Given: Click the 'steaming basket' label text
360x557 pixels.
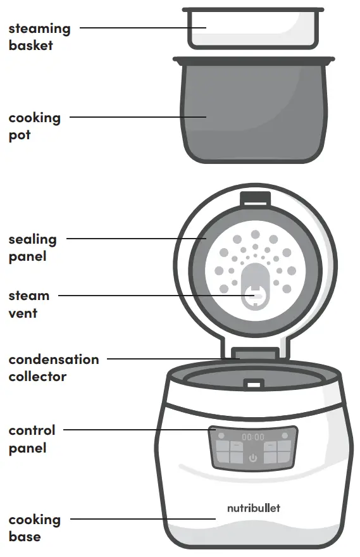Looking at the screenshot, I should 39,37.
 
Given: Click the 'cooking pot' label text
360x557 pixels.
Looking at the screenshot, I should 34,126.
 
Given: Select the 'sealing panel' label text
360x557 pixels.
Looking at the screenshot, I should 32,248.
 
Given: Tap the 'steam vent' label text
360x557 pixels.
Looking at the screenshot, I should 28,304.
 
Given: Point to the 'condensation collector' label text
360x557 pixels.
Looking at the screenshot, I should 54,368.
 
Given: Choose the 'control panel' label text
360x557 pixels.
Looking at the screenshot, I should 32,439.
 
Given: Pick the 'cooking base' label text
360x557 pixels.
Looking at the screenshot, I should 34,528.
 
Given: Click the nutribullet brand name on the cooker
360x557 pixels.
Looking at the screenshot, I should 253,508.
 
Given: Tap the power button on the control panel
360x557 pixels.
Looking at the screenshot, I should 253,458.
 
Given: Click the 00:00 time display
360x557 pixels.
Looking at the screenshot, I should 253,437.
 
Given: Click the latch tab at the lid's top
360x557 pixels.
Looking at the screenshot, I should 254,197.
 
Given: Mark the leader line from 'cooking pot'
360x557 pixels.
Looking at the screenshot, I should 136,117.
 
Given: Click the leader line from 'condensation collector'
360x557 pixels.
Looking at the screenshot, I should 171,359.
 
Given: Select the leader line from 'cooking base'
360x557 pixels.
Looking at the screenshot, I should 142,519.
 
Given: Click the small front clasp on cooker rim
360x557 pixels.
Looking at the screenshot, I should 254,384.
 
